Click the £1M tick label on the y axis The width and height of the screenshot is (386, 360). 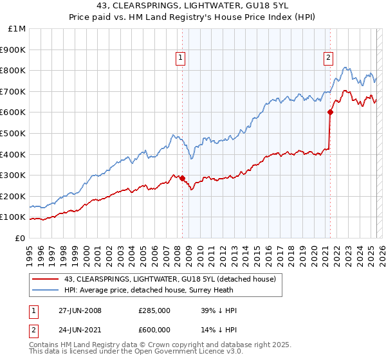coord(16,28)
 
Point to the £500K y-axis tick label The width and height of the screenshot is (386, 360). coord(14,133)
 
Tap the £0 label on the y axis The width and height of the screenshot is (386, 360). coord(21,238)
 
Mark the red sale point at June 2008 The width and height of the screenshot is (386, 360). coord(182,178)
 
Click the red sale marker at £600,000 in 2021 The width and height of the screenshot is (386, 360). coord(330,112)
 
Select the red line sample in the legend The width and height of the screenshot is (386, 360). coord(46,278)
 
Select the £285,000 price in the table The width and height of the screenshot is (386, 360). coord(154,310)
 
